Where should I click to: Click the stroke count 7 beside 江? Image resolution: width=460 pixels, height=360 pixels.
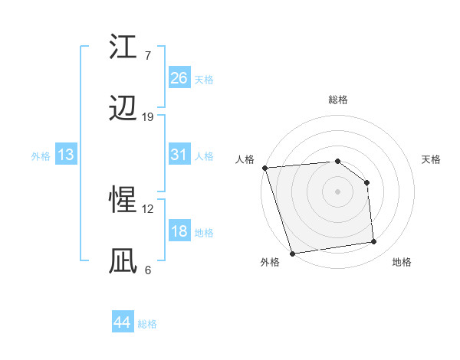[147, 56]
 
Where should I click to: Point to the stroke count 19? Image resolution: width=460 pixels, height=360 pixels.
[148, 117]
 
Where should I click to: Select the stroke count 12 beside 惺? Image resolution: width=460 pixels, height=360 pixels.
[148, 208]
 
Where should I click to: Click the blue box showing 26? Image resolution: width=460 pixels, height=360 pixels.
[179, 77]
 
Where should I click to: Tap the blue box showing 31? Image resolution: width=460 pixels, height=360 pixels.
[179, 154]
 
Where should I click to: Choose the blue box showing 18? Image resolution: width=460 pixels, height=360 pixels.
[179, 231]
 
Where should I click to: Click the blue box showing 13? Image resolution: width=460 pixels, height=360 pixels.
[66, 155]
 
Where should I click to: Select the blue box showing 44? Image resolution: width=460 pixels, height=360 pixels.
[122, 323]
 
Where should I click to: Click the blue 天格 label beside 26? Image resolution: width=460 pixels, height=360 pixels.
[204, 79]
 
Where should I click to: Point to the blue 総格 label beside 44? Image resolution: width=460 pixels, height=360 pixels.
[147, 324]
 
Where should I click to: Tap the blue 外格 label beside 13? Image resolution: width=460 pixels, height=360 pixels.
[41, 155]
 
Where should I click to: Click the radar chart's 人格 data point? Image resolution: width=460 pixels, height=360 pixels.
[264, 168]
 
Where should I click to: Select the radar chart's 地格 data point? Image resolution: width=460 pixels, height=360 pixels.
[374, 242]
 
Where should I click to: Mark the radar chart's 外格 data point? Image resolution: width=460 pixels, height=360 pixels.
[292, 253]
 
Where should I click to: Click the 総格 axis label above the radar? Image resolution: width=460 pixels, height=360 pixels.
[338, 100]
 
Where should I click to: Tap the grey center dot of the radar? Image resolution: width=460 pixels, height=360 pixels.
[338, 191]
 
